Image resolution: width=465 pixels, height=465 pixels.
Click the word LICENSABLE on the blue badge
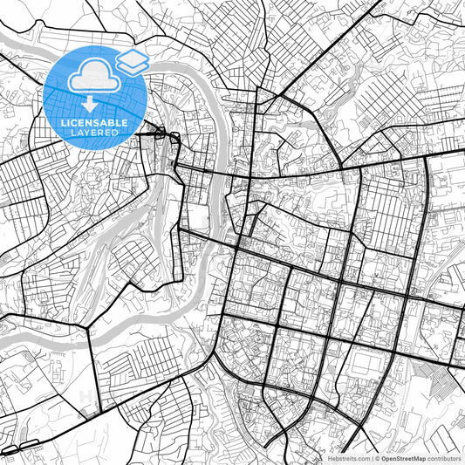tap(94, 123)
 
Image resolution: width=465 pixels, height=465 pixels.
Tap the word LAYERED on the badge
tap(94, 133)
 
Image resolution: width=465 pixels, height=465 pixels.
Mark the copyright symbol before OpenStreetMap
tap(376, 457)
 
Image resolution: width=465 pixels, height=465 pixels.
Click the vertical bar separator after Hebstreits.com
tap(370, 457)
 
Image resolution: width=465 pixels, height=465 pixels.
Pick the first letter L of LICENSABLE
tap(63, 123)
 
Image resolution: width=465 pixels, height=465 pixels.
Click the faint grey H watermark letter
tap(87, 397)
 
